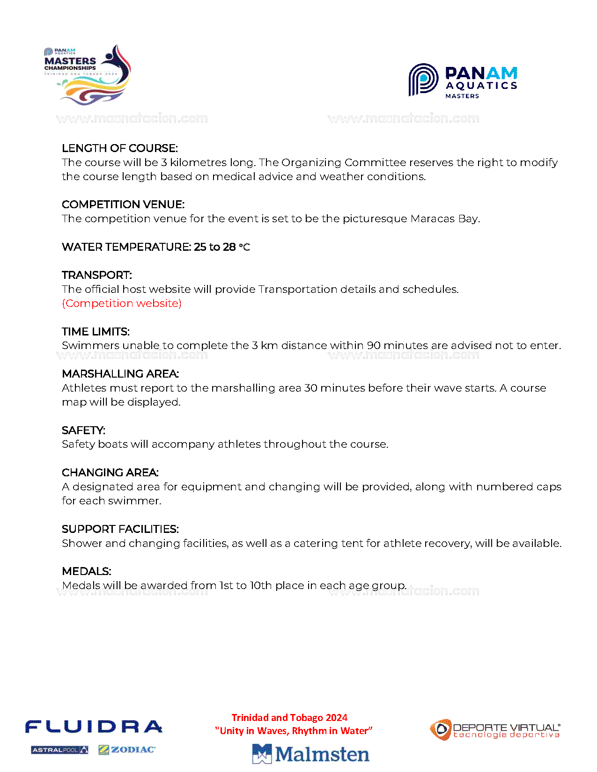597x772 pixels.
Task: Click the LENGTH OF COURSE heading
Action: click(119, 148)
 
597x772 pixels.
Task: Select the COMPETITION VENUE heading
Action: click(123, 204)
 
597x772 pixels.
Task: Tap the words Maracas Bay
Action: click(444, 218)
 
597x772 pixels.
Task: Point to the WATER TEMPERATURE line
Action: click(156, 247)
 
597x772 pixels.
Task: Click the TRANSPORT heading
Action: click(97, 275)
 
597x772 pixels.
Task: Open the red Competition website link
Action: click(122, 303)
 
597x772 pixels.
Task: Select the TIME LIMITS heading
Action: click(96, 332)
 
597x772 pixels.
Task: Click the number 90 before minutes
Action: click(374, 345)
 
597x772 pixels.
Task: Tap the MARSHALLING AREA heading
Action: click(120, 374)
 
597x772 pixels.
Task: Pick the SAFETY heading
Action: click(83, 430)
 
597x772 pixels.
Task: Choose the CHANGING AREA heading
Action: click(110, 473)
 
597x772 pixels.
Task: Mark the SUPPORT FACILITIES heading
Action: click(120, 529)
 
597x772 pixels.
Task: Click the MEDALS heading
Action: click(87, 571)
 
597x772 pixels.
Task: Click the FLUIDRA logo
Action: click(94, 727)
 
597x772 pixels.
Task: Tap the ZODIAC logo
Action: click(127, 750)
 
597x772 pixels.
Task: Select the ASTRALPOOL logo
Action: click(59, 750)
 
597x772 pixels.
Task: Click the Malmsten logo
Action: click(311, 754)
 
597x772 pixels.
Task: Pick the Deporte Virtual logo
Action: click(495, 730)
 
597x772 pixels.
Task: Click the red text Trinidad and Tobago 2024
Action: click(289, 718)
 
